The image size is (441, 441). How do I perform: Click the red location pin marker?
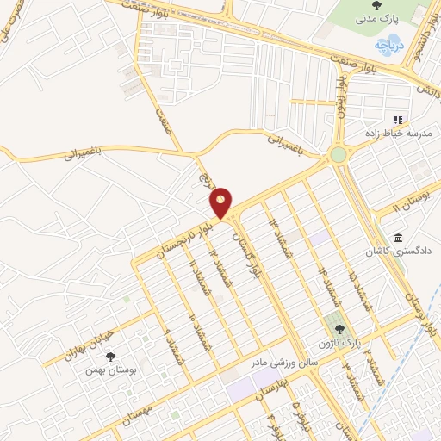[x=221, y=202]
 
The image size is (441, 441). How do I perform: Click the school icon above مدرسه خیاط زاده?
[x=397, y=119]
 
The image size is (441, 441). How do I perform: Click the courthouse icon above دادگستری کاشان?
[x=397, y=238]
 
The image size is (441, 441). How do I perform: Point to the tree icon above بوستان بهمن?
[x=109, y=356]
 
